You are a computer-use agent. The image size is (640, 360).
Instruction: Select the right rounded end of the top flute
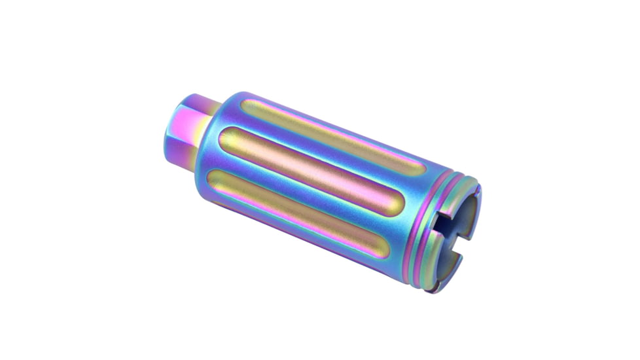click(x=425, y=163)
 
